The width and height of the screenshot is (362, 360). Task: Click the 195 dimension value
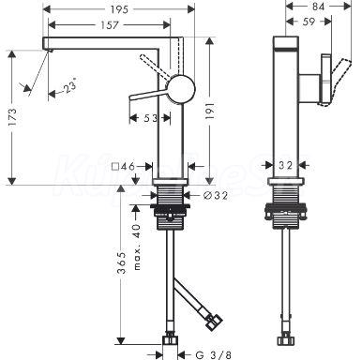pyautogui.click(x=119, y=9)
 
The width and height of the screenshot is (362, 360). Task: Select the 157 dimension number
pyautogui.click(x=110, y=25)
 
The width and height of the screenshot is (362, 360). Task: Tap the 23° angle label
pyautogui.click(x=69, y=85)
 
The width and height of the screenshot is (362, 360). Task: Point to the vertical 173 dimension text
pyautogui.click(x=13, y=117)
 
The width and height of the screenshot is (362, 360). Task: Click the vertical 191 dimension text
pyautogui.click(x=210, y=110)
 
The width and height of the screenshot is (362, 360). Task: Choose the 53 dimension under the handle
pyautogui.click(x=151, y=118)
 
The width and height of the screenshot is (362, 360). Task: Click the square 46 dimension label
pyautogui.click(x=123, y=167)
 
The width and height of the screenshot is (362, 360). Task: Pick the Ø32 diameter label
pyautogui.click(x=216, y=196)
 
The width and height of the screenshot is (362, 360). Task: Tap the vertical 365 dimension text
pyautogui.click(x=122, y=262)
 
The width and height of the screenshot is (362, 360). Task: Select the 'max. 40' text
pyautogui.click(x=137, y=247)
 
